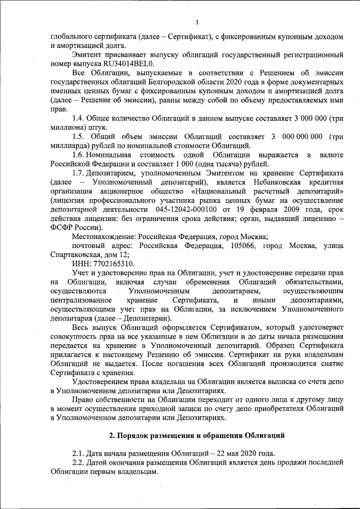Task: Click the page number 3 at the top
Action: click(x=197, y=22)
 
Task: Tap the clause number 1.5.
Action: click(x=79, y=137)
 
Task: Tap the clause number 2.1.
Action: click(x=79, y=454)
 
